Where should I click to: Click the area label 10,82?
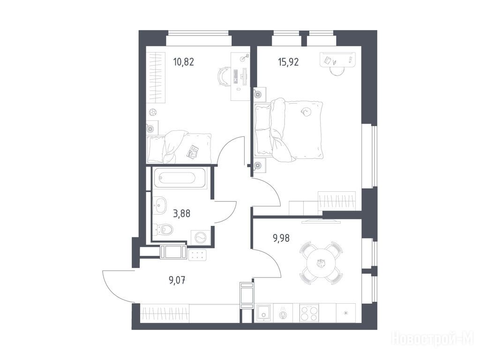(x=183, y=62)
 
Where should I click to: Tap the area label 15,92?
(x=288, y=62)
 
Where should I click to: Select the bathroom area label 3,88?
(x=181, y=213)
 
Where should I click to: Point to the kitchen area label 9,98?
(x=281, y=238)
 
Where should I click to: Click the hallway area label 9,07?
(x=177, y=280)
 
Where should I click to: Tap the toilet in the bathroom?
(x=163, y=229)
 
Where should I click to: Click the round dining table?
(x=321, y=263)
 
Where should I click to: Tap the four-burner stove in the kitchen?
(x=309, y=313)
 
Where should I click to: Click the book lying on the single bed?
(x=193, y=151)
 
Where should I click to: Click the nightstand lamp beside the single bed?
(x=150, y=128)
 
